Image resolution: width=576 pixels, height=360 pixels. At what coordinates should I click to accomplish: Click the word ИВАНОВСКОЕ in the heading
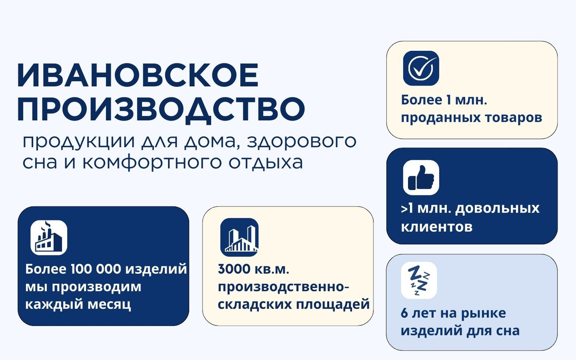pos(138,75)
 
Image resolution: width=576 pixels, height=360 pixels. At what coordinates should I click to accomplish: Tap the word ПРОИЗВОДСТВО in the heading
pos(161,110)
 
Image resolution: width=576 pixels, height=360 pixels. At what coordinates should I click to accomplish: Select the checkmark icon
pos(421,68)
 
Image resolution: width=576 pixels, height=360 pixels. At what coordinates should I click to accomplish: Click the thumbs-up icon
pos(421,178)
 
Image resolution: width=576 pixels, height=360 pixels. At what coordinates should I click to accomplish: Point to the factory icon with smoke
pos(49,238)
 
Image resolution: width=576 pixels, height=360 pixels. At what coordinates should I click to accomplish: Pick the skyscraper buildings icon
pos(240,237)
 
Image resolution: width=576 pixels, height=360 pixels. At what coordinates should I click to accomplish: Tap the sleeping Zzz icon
pos(419,280)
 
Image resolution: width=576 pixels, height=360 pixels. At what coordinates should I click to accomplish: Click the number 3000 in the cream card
pos(234,269)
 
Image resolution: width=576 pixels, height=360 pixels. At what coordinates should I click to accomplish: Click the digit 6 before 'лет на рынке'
pos(404,313)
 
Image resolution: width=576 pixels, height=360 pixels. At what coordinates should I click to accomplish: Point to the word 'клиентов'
pos(437,227)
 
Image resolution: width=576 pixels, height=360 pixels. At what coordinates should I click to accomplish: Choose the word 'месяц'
pos(109,305)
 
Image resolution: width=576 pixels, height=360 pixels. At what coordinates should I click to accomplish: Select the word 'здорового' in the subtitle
pos(302,141)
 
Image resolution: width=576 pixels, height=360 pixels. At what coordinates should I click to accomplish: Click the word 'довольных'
pos(497,209)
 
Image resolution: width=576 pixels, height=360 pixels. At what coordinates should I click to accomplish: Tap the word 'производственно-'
pos(283,287)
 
